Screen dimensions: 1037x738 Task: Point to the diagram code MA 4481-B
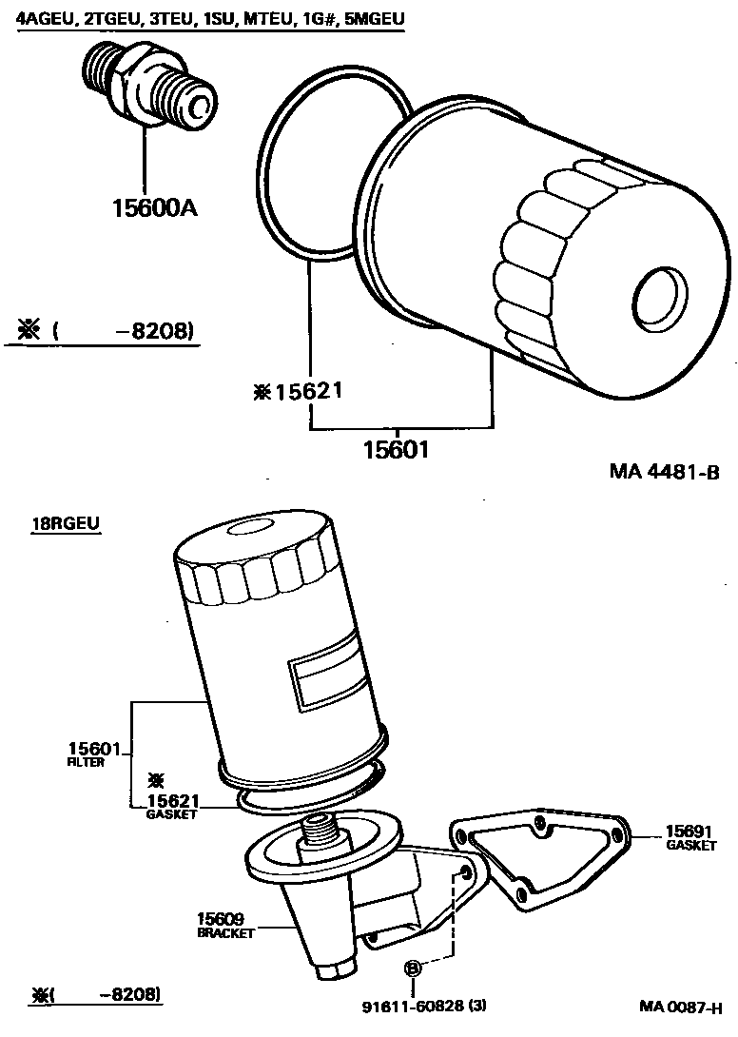point(663,472)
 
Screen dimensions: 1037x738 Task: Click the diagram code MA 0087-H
point(680,1008)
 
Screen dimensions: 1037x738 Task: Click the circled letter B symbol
point(413,969)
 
